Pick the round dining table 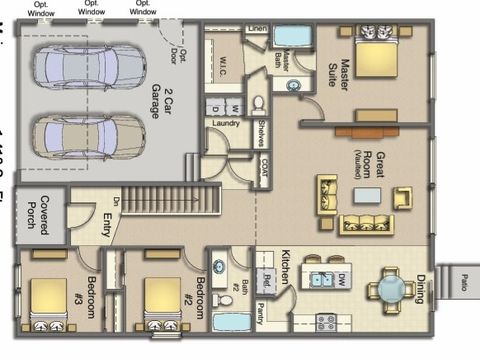coord(389,289)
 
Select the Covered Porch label coord(38,212)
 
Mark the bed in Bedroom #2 coord(160,303)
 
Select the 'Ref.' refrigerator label coord(267,280)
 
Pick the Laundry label coord(226,124)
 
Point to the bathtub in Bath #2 coord(232,323)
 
